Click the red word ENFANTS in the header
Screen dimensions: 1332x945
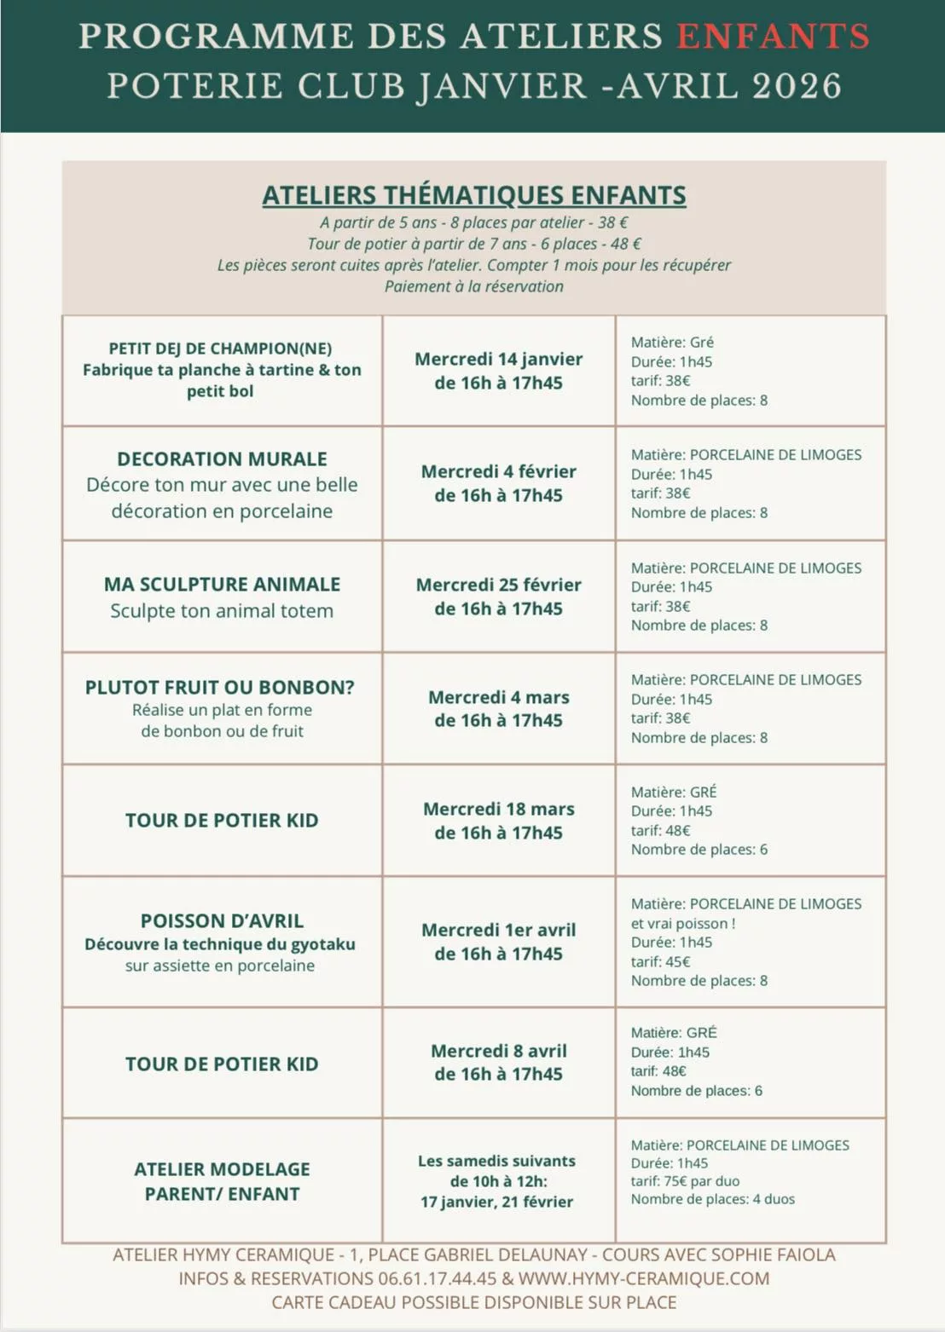click(x=773, y=37)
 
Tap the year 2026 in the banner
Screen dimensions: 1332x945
click(x=797, y=86)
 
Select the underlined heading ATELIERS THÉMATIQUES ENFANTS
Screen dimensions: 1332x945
click(x=473, y=195)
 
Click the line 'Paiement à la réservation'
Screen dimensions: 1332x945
click(x=473, y=286)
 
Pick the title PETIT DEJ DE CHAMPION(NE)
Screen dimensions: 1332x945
click(x=220, y=348)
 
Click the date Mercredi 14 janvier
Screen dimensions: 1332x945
click(x=498, y=359)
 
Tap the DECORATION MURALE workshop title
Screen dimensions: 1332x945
click(x=222, y=458)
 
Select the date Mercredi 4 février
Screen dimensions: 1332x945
click(x=498, y=471)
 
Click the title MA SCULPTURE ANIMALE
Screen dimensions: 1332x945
click(x=222, y=584)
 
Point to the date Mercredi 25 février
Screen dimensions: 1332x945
click(x=498, y=585)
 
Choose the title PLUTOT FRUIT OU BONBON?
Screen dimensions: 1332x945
click(x=219, y=687)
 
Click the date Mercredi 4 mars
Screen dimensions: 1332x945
click(x=498, y=697)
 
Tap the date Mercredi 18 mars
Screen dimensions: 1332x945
click(x=498, y=809)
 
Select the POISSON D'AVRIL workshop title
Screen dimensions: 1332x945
click(x=222, y=920)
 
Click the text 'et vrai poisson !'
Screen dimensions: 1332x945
click(x=682, y=923)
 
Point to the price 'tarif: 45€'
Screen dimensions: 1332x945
click(x=660, y=961)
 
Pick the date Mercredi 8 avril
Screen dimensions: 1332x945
click(x=498, y=1051)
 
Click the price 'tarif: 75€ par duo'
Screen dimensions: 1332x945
click(x=685, y=1181)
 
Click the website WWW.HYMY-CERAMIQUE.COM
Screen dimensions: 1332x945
click(x=643, y=1278)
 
